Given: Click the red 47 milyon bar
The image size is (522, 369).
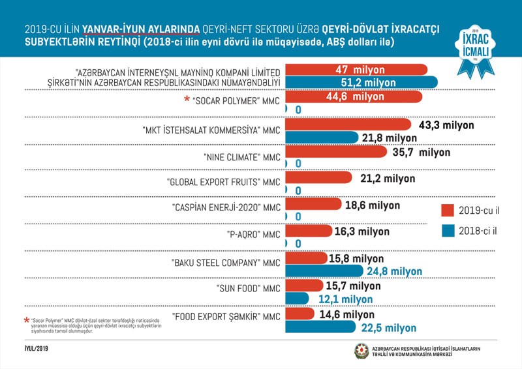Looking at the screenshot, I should click(356, 70).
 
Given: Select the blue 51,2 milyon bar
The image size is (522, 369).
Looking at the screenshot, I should click(361, 83).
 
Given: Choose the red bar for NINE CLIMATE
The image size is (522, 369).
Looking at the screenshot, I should click(340, 152).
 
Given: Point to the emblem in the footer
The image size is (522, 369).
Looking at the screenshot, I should click(361, 351).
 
